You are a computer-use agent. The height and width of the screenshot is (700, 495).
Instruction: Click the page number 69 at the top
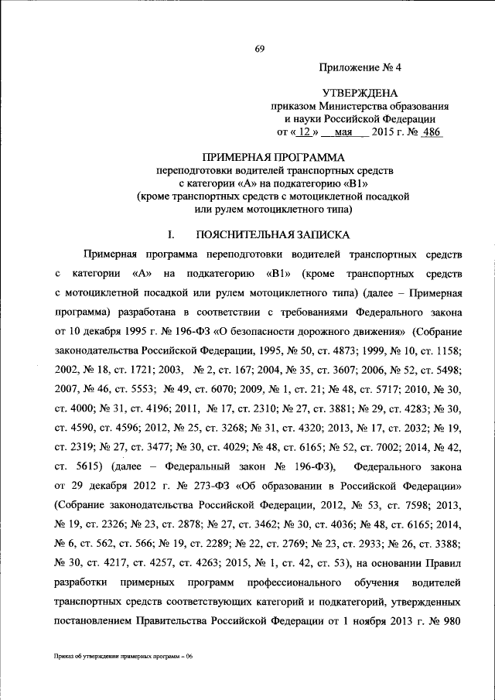coord(260,50)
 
